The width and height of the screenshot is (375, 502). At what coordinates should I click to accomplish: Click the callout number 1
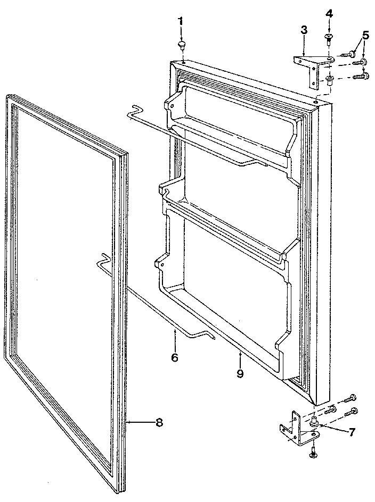180,22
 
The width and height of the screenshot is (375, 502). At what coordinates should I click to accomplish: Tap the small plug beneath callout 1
182,44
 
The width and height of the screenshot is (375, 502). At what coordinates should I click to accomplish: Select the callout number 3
304,30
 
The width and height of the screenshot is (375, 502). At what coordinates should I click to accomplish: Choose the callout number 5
365,36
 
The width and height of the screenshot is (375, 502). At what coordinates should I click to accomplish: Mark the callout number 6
175,357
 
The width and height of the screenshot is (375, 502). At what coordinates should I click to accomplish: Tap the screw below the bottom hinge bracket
313,452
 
